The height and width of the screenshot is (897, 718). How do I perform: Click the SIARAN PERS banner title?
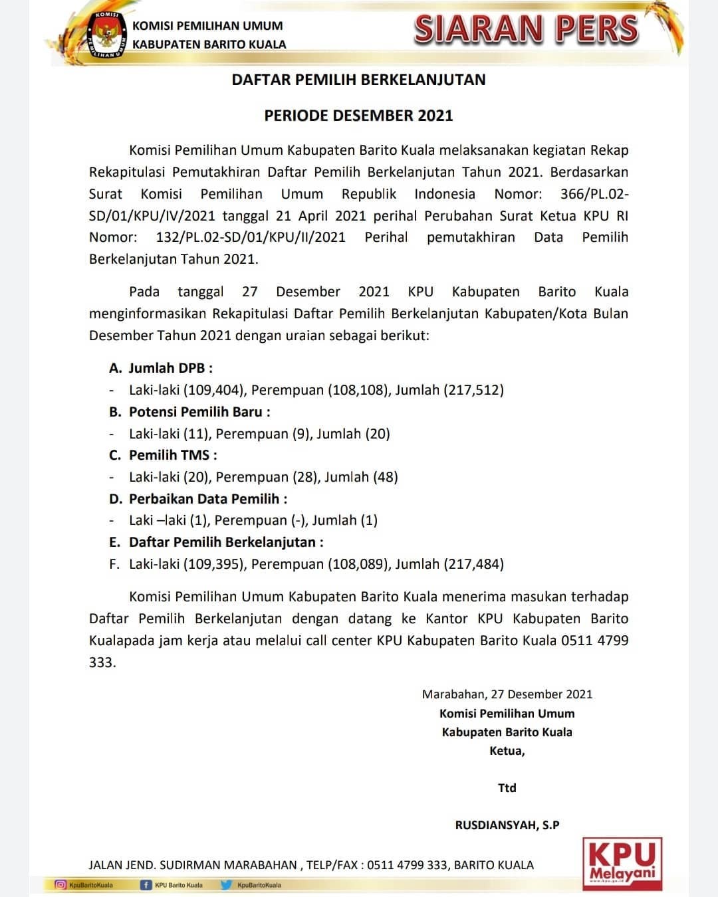[x=526, y=30]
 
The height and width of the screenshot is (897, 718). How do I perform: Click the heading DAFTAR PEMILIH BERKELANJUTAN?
[x=358, y=80]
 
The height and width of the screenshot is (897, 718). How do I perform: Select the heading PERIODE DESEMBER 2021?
[x=358, y=116]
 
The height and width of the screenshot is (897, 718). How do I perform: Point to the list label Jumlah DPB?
[x=170, y=368]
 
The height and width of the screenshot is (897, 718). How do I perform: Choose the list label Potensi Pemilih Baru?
[x=199, y=412]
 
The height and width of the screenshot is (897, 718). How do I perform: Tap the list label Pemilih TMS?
[x=172, y=455]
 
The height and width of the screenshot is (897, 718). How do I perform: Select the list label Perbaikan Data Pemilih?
[x=207, y=499]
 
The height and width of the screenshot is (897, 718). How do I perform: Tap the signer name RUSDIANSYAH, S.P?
[x=507, y=825]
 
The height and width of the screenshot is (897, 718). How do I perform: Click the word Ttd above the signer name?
[x=507, y=788]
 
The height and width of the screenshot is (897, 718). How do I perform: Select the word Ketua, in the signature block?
[x=507, y=751]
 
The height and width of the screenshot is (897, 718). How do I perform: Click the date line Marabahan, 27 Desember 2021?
[x=507, y=694]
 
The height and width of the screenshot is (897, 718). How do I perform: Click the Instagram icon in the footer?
[x=61, y=885]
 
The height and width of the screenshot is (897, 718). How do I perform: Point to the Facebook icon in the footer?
[x=146, y=885]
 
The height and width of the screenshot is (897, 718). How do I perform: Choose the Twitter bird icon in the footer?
[x=225, y=885]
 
